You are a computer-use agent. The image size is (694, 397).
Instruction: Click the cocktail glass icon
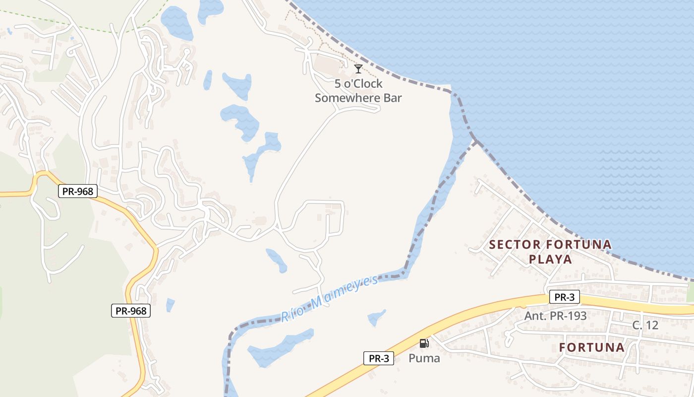pos(358,69)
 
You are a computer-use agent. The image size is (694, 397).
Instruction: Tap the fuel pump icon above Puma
pos(424,343)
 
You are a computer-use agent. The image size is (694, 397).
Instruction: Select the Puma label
pos(424,358)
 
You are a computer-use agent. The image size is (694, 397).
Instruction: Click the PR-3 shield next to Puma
pos(379,358)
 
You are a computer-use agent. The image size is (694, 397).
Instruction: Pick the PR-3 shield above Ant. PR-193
pos(564,297)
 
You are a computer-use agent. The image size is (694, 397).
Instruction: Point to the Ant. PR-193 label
pos(555,315)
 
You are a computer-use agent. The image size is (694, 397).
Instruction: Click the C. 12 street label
pos(645,326)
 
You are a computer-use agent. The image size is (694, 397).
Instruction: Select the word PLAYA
pos(550,259)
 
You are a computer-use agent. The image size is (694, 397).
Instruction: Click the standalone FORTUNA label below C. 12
pos(592,347)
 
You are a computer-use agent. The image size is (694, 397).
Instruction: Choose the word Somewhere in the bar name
pos(347,97)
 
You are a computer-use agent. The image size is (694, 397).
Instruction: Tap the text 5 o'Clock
pos(358,83)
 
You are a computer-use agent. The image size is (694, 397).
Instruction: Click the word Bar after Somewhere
pos(392,97)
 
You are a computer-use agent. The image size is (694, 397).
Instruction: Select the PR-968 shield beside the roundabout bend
pos(77,191)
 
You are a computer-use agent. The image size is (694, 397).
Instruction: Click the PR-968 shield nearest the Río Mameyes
pos(130,311)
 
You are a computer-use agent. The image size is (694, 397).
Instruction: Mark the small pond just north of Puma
pos(377,317)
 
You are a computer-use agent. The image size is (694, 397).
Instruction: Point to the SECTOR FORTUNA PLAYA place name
pos(550,252)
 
